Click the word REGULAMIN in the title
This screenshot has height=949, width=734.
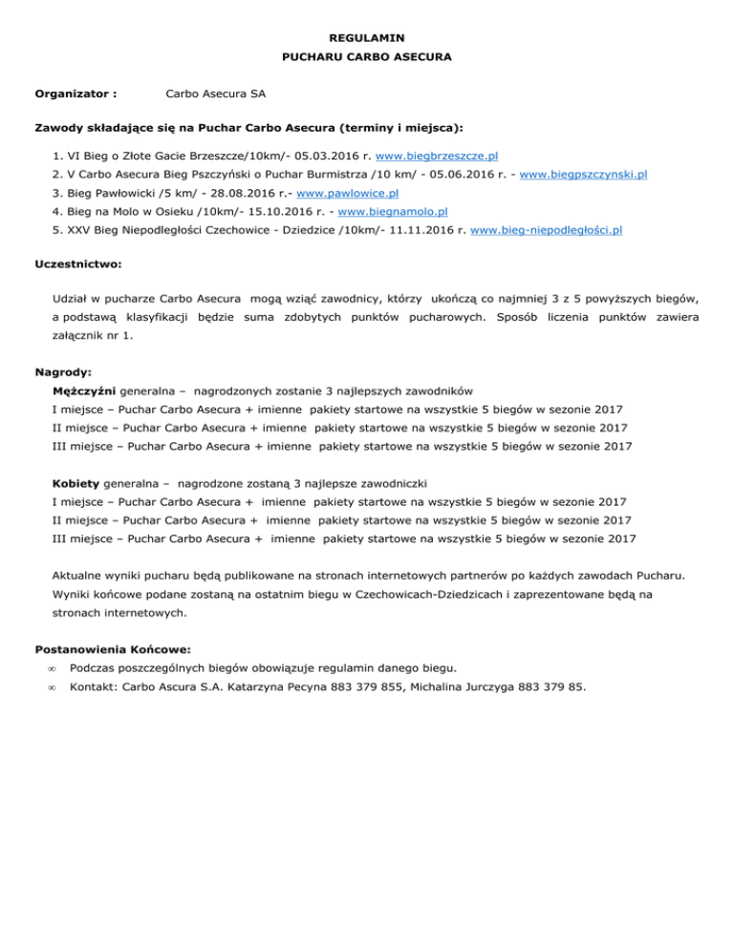click(x=366, y=38)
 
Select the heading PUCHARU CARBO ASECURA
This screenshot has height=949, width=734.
click(x=367, y=57)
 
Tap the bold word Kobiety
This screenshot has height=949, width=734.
click(x=76, y=481)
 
